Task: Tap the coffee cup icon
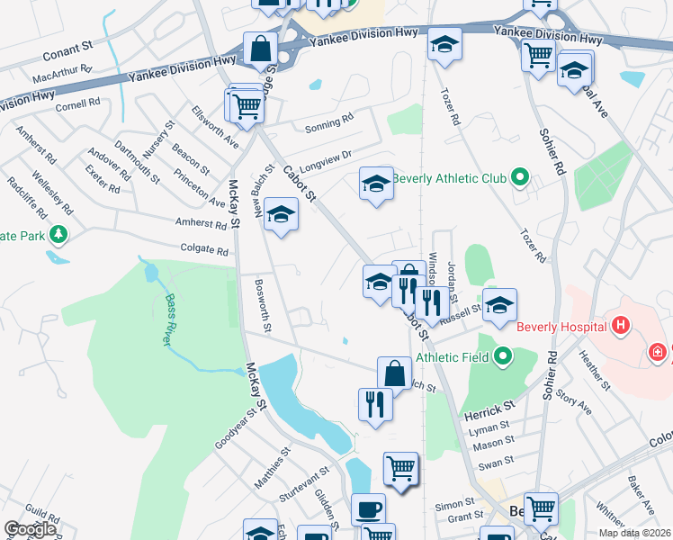click(368, 509)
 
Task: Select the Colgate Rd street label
click(206, 250)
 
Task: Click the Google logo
click(31, 529)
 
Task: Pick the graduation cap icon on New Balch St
click(282, 216)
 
